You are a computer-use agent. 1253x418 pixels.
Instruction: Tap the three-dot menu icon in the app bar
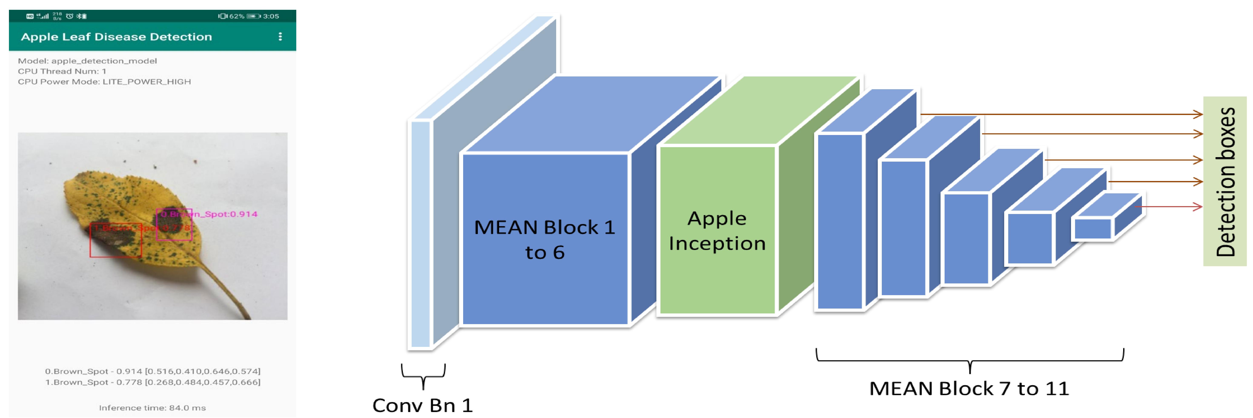tap(280, 36)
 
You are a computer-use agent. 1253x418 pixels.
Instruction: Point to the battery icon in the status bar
tap(253, 16)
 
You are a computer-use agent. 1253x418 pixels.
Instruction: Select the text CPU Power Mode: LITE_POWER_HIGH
tap(104, 82)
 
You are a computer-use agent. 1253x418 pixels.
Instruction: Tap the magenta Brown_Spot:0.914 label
tap(209, 214)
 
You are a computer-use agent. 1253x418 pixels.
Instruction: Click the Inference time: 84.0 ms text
tap(152, 408)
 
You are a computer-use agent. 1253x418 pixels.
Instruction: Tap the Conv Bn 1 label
tap(422, 405)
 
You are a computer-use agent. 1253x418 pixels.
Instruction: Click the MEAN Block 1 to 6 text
tap(545, 239)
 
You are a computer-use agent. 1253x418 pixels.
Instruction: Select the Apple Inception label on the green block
tap(717, 231)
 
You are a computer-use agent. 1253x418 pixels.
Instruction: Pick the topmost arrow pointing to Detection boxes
tap(1060, 114)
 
